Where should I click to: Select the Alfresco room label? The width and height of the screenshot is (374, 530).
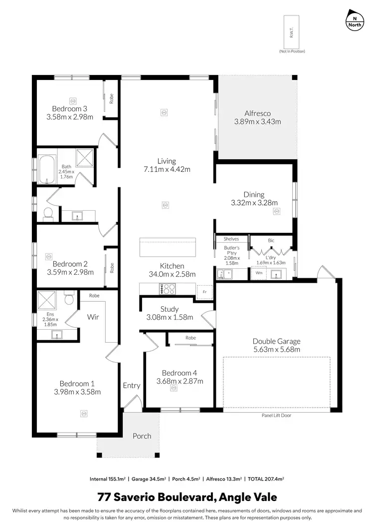pyautogui.click(x=257, y=113)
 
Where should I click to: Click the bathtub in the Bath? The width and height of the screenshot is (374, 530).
pyautogui.click(x=47, y=170)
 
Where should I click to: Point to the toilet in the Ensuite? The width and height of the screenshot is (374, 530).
pyautogui.click(x=69, y=299)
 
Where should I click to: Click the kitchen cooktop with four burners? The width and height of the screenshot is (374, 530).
pyautogui.click(x=167, y=289)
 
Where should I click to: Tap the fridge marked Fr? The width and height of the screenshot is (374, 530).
pyautogui.click(x=203, y=292)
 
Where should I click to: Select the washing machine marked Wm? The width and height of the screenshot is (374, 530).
pyautogui.click(x=258, y=273)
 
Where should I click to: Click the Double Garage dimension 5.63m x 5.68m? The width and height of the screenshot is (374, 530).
pyautogui.click(x=276, y=349)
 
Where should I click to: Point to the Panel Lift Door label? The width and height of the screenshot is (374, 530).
pyautogui.click(x=276, y=415)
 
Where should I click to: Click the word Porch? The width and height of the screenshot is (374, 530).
pyautogui.click(x=142, y=436)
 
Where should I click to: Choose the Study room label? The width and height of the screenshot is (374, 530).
pyautogui.click(x=170, y=309)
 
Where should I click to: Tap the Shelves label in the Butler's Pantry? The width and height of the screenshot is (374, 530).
pyautogui.click(x=231, y=239)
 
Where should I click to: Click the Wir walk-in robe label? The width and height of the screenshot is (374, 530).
pyautogui.click(x=93, y=316)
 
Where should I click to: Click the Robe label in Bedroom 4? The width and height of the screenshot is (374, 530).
pyautogui.click(x=190, y=338)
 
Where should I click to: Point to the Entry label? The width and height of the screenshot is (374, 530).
pyautogui.click(x=132, y=385)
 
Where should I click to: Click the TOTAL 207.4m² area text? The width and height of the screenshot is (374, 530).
pyautogui.click(x=265, y=479)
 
